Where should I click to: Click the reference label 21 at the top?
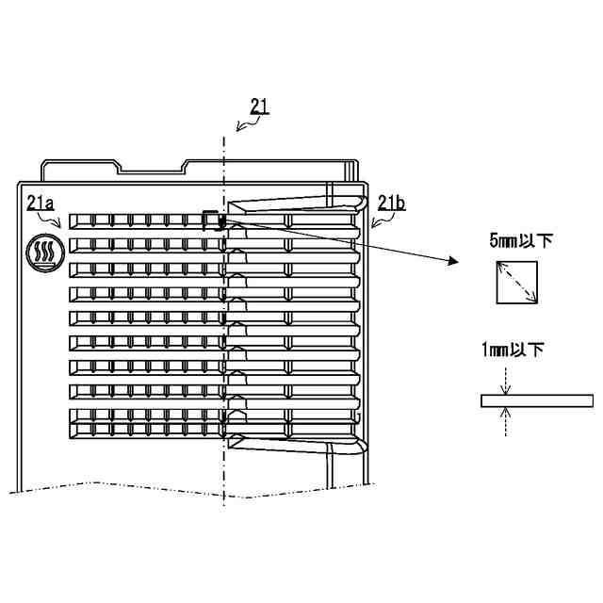[x=259, y=106]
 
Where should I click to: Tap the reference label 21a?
[x=41, y=202]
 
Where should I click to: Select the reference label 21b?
[x=391, y=202]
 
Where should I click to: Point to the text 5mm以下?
[x=520, y=241]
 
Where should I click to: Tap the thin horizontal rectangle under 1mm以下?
[x=536, y=400]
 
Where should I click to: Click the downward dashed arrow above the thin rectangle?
[x=506, y=381]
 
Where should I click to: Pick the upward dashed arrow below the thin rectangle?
[x=506, y=420]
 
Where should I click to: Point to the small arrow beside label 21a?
[x=57, y=220]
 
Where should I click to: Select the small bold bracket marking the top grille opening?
[x=214, y=219]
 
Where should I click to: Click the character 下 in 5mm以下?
[x=544, y=241]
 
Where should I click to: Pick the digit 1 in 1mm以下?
[x=484, y=350]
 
